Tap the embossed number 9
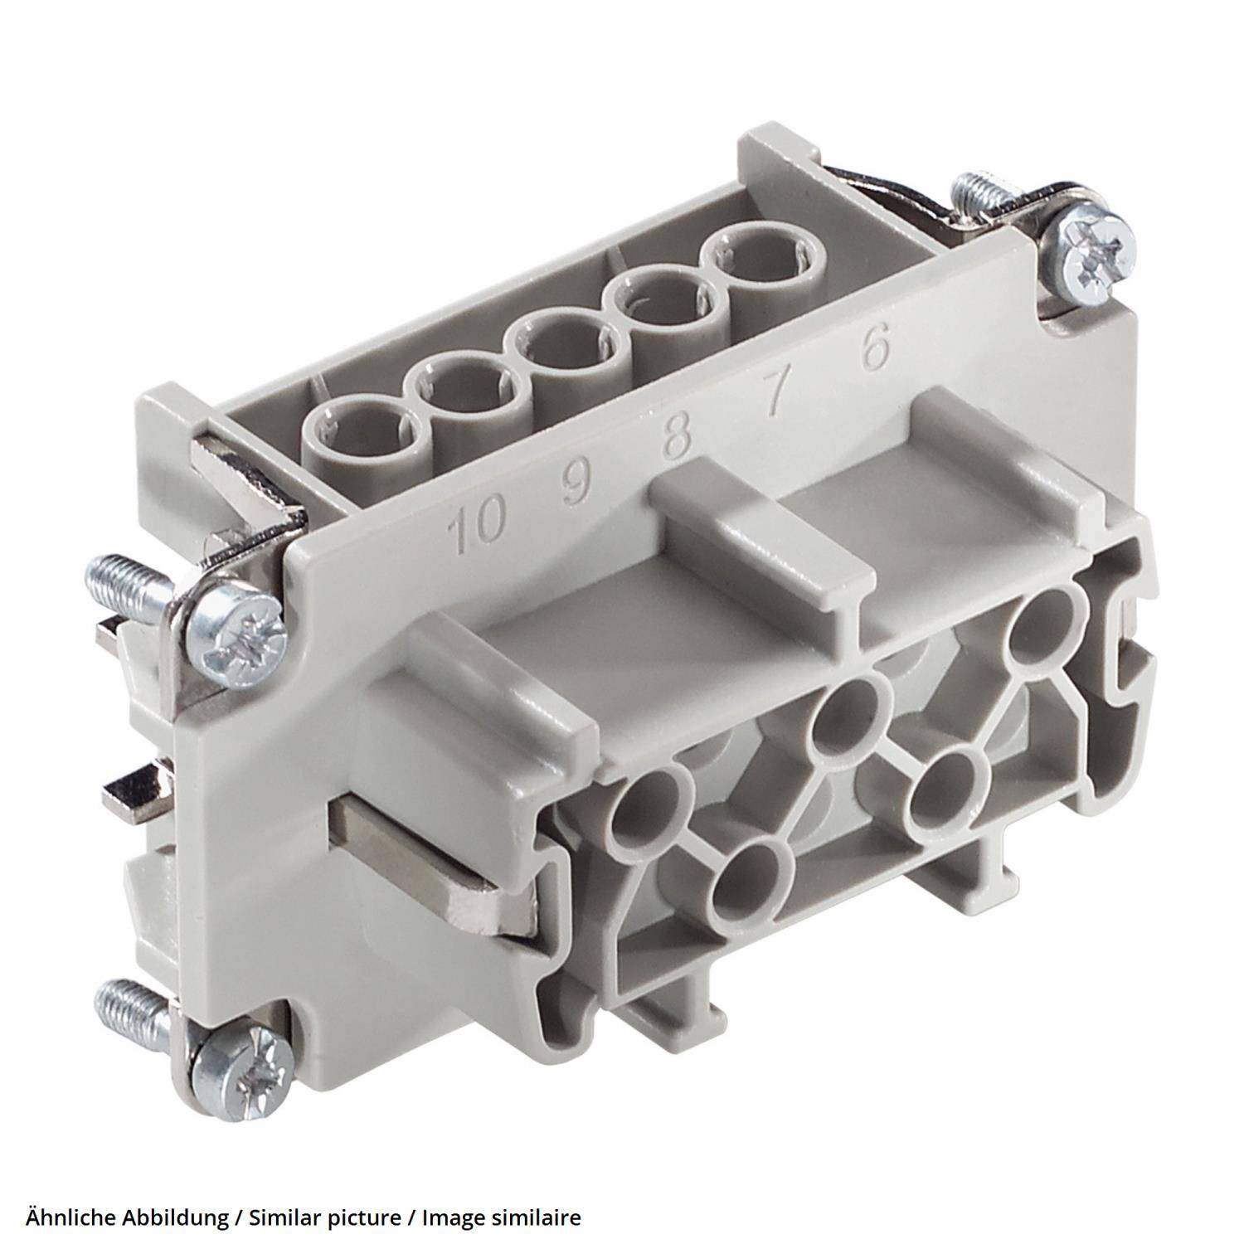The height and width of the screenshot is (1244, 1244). (x=573, y=485)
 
